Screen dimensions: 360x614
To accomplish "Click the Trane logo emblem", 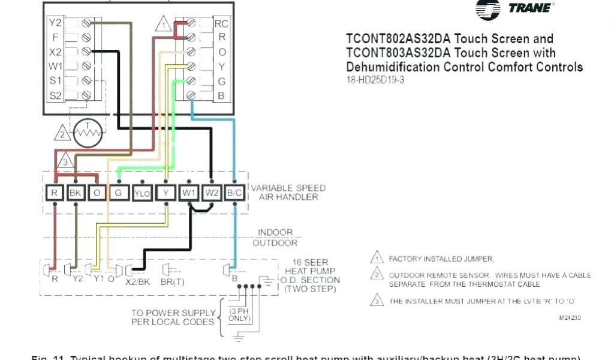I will point(488,9).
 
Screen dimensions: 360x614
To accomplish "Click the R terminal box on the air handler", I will point(55,193).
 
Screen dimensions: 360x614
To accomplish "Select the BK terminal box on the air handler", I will point(76,193).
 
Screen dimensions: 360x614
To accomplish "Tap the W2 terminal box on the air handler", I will point(212,193).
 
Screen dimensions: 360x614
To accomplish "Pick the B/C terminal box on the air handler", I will point(234,193).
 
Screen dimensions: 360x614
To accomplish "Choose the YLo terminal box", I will point(142,193).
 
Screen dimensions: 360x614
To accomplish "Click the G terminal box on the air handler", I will point(119,193).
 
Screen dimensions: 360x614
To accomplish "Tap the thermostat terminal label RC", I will point(221,24).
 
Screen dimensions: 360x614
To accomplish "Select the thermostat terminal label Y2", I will point(55,23).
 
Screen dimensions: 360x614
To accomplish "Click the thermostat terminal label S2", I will point(55,94).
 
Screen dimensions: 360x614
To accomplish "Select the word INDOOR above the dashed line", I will point(275,232).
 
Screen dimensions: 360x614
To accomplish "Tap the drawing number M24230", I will point(570,317).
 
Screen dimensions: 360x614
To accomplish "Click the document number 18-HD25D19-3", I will point(375,80).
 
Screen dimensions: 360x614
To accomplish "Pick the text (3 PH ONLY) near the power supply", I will point(239,314).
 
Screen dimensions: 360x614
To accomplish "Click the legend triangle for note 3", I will point(377,301).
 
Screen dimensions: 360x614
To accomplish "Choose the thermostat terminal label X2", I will point(55,52).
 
